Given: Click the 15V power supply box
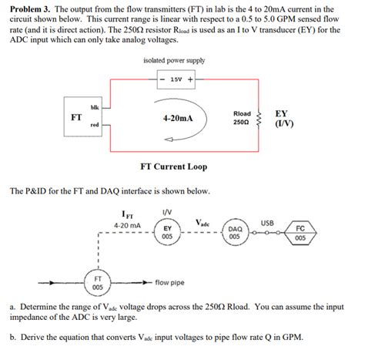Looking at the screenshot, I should coord(177,79).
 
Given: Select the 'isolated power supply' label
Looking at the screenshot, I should coord(174,60).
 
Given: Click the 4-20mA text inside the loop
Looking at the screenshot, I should coord(178,119).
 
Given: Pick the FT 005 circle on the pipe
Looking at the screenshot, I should coord(98,282).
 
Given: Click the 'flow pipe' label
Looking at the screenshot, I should coord(170,283).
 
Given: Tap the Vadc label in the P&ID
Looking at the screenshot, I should coord(202,223).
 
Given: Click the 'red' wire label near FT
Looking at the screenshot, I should coord(94,124).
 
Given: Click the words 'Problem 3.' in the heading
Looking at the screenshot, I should coord(30,8).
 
